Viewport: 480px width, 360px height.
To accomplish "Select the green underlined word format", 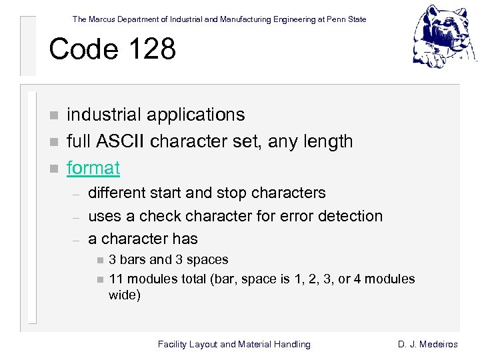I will click(93, 167).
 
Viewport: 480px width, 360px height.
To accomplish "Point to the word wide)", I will click(125, 295).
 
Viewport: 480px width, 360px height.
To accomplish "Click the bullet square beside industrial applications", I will click(55, 116).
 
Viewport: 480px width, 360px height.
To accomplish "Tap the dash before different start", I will click(76, 194).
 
